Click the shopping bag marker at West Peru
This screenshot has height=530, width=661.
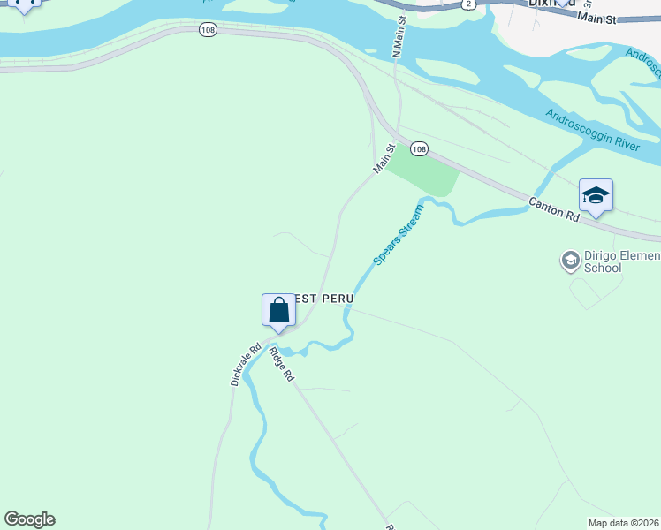click(x=278, y=312)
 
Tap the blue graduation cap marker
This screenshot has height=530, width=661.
click(x=596, y=196)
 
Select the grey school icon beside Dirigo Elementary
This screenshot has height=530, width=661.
click(x=570, y=260)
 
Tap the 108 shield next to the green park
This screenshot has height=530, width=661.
click(x=419, y=149)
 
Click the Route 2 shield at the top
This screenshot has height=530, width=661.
click(x=468, y=4)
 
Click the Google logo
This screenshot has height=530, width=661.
click(x=29, y=519)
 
